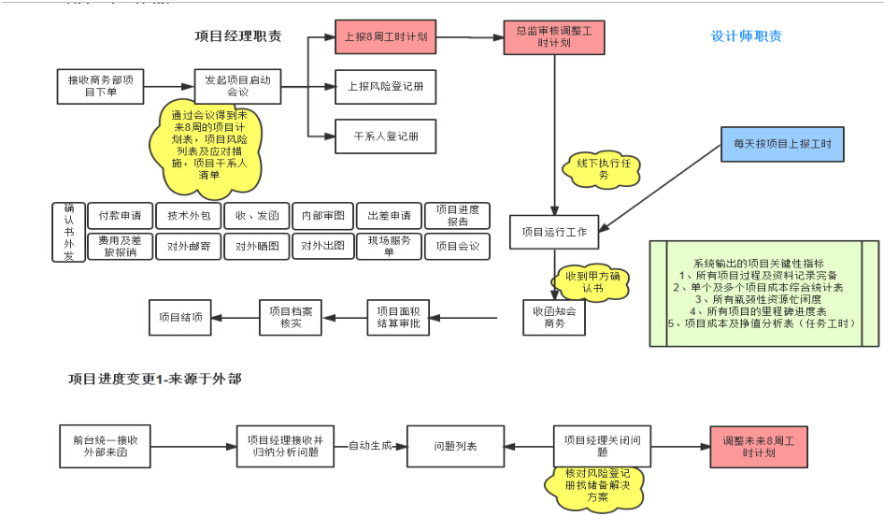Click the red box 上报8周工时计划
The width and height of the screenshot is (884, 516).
pos(385,37)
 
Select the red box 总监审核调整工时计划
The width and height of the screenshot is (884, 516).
pos(553,37)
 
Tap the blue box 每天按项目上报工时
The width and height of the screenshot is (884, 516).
pos(781,145)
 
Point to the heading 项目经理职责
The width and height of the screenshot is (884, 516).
pos(238,36)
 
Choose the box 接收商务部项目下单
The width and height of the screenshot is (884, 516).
pos(100,86)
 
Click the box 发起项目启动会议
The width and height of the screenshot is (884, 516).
pos(237,86)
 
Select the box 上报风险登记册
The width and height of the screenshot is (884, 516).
pos(385,87)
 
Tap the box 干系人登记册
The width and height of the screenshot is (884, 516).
pos(385,136)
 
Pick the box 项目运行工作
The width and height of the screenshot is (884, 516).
pos(553,232)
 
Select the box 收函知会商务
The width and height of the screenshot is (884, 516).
pos(553,317)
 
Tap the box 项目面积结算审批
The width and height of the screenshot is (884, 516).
pos(398,317)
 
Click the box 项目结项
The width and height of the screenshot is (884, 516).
pos(179,317)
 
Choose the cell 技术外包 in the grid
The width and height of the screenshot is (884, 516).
pos(189,215)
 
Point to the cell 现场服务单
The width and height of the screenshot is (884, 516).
pos(389,246)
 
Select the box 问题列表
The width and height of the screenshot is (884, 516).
pos(454,446)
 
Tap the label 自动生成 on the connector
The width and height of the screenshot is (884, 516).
pos(368,445)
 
